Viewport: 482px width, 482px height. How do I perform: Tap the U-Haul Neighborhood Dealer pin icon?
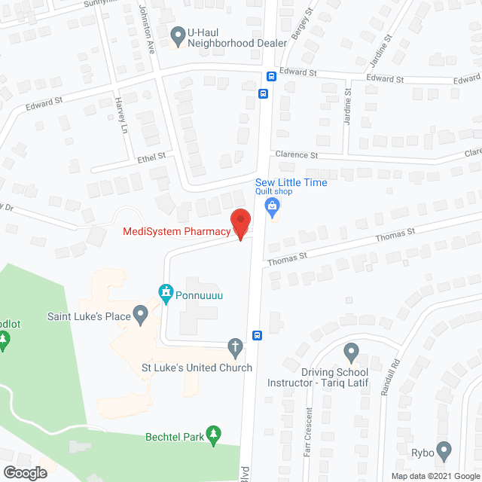(x=178, y=33)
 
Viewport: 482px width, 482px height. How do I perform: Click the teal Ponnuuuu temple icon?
(x=165, y=291)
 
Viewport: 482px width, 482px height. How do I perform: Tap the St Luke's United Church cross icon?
(x=235, y=346)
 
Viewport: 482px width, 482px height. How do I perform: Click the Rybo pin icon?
(x=444, y=451)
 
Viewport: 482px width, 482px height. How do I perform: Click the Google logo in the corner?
(x=25, y=472)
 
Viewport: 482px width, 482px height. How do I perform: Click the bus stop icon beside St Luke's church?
(x=257, y=335)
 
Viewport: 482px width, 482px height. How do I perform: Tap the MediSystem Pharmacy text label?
(x=176, y=231)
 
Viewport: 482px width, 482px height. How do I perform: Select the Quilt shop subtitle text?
(x=273, y=191)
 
